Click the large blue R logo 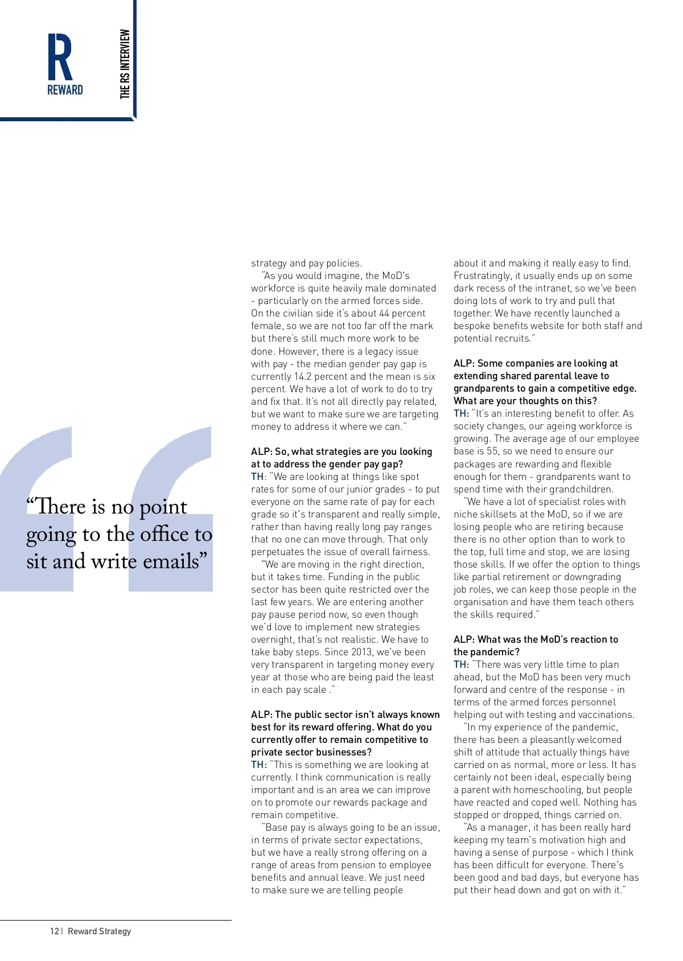(60, 56)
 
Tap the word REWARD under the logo (65, 90)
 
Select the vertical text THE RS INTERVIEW (125, 64)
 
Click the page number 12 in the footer (54, 931)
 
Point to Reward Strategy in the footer (99, 931)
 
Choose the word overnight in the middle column (271, 639)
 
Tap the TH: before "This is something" (258, 765)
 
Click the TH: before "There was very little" (461, 664)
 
